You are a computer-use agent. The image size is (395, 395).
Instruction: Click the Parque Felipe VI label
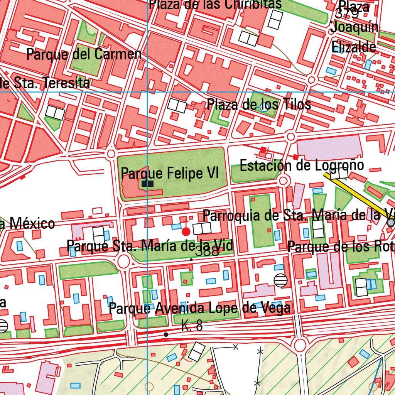(x=170, y=173)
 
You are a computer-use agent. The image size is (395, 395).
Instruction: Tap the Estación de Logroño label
(x=302, y=165)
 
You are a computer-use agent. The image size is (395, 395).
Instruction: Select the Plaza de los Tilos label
(x=259, y=104)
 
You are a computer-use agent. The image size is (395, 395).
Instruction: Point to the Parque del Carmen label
(x=84, y=54)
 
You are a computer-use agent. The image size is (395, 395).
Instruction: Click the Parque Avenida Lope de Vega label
(x=199, y=308)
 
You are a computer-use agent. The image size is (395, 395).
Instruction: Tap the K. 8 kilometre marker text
(x=192, y=326)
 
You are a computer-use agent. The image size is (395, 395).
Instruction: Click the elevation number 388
(x=207, y=252)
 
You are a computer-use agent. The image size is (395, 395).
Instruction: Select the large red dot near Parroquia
(x=186, y=231)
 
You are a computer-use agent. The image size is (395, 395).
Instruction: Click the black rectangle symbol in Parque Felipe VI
(x=147, y=184)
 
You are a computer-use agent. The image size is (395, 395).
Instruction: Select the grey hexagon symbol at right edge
(x=391, y=223)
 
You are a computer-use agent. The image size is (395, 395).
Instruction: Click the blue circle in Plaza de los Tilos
(x=264, y=108)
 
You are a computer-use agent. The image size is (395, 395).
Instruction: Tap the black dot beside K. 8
(x=166, y=334)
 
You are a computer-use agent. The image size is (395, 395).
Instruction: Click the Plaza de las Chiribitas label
(x=215, y=4)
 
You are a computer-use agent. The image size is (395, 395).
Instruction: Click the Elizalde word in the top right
(x=354, y=47)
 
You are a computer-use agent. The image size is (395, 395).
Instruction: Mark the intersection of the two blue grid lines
(x=148, y=92)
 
